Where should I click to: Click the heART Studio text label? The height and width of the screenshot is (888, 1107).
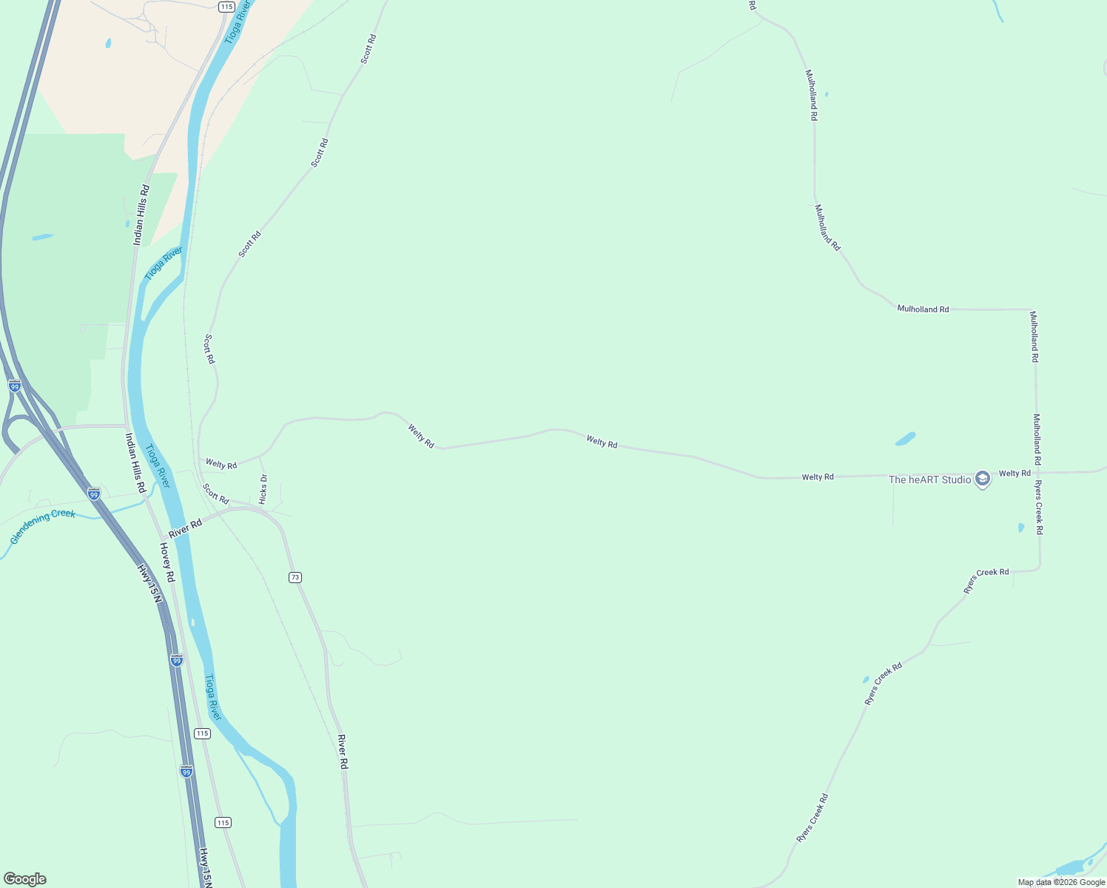pyautogui.click(x=929, y=480)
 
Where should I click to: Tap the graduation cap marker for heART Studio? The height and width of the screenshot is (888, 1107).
pyautogui.click(x=983, y=480)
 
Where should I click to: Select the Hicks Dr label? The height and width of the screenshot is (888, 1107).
pyautogui.click(x=263, y=489)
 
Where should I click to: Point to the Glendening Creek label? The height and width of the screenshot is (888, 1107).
pyautogui.click(x=43, y=526)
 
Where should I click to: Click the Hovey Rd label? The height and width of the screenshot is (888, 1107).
pyautogui.click(x=167, y=562)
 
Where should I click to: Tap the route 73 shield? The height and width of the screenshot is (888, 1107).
pyautogui.click(x=295, y=577)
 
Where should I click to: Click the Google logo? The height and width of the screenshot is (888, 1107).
pyautogui.click(x=24, y=879)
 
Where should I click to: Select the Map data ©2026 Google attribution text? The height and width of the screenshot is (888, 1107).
pyautogui.click(x=1061, y=882)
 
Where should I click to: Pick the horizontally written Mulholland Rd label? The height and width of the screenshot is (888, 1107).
pyautogui.click(x=923, y=309)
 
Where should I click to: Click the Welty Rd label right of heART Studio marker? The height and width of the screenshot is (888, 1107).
pyautogui.click(x=1015, y=473)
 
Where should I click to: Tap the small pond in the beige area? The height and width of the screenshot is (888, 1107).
pyautogui.click(x=108, y=43)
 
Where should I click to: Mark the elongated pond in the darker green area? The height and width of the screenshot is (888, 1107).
pyautogui.click(x=43, y=238)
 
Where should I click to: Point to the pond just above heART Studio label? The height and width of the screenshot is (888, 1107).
pyautogui.click(x=906, y=439)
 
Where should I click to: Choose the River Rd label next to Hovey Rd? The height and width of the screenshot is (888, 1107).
pyautogui.click(x=185, y=528)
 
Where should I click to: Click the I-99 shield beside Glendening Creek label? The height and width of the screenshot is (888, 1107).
pyautogui.click(x=94, y=494)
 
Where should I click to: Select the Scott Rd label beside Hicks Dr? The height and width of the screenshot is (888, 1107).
pyautogui.click(x=216, y=494)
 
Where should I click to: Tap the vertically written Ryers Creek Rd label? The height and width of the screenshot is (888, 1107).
pyautogui.click(x=1039, y=508)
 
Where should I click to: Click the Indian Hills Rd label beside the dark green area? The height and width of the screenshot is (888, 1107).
pyautogui.click(x=141, y=215)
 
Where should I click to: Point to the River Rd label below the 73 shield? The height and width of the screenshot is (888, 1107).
pyautogui.click(x=343, y=752)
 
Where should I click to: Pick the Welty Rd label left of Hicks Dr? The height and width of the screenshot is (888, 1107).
pyautogui.click(x=221, y=464)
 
